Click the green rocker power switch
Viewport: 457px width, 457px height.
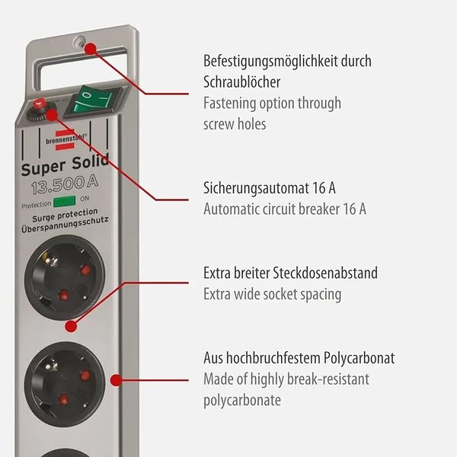pos(92,102)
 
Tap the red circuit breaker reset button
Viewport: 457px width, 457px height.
pos(38,104)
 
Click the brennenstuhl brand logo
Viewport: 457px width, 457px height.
pos(66,140)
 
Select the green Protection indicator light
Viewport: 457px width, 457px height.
pos(64,201)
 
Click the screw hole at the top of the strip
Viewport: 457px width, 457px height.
pos(78,41)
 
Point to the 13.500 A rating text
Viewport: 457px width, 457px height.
pos(65,184)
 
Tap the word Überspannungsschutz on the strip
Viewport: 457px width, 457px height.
pos(65,225)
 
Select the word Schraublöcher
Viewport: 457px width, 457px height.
pos(241,81)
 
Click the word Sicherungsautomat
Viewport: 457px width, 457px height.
pos(254,188)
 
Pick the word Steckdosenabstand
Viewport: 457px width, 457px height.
pos(325,273)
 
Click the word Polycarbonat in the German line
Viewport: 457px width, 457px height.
pos(359,359)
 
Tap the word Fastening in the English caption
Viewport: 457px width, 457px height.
pos(229,104)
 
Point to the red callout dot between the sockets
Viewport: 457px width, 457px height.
pos(71,326)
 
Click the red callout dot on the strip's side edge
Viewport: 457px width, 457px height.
pos(117,380)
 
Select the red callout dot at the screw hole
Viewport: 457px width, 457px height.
pos(91,49)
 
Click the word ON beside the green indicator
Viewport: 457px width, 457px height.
pos(85,199)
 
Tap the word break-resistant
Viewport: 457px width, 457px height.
pos(328,379)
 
